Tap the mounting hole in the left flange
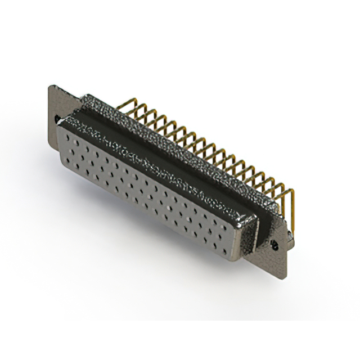pyautogui.click(x=57, y=119)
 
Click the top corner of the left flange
pyautogui.click(x=52, y=86)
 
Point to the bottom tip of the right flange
pyautogui.click(x=285, y=276)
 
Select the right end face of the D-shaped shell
pyautogui.click(x=250, y=236)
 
